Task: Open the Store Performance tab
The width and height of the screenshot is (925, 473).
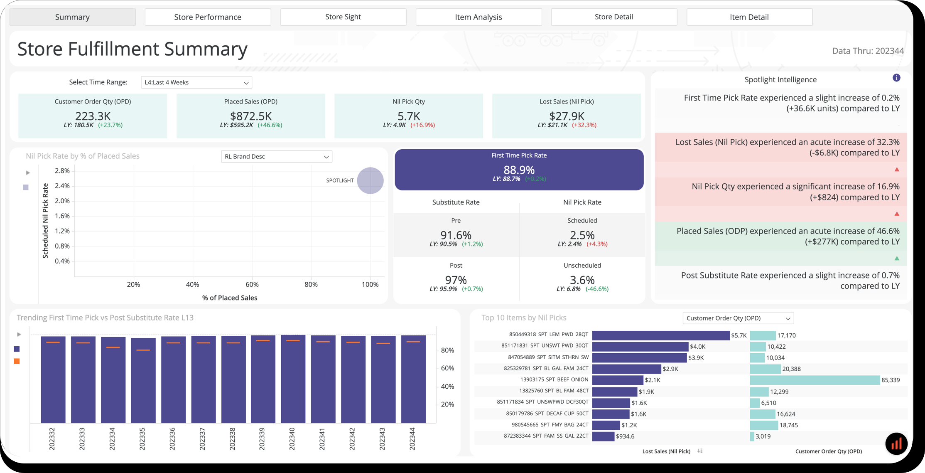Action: tap(208, 17)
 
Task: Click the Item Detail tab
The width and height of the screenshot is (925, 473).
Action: tap(749, 17)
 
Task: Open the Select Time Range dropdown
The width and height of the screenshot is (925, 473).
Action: tap(196, 82)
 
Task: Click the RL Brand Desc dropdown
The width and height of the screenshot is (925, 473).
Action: tap(276, 157)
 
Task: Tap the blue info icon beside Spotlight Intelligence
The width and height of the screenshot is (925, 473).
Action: tap(896, 78)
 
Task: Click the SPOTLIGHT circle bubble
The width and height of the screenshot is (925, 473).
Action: tap(370, 180)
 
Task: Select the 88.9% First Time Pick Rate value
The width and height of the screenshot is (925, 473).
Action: tap(519, 170)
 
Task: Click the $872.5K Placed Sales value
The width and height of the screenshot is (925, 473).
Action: tap(251, 116)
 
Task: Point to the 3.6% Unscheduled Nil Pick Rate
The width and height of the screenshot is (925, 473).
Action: tap(582, 280)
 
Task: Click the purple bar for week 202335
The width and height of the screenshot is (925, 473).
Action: tap(143, 382)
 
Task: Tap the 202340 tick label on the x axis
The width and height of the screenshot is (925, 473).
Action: tap(292, 439)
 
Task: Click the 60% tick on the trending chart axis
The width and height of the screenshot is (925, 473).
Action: tap(447, 368)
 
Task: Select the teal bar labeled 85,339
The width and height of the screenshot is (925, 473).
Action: tap(814, 380)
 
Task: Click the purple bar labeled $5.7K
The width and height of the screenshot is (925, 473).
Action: tap(660, 335)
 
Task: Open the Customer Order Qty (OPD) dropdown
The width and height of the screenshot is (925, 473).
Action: tap(738, 318)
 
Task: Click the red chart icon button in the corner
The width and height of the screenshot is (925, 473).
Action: tap(896, 443)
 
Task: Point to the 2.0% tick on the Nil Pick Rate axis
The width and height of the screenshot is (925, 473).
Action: tap(62, 201)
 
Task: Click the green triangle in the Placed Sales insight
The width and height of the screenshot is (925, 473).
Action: tap(897, 258)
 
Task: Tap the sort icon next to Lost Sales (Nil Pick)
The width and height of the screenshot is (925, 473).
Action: tap(700, 451)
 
